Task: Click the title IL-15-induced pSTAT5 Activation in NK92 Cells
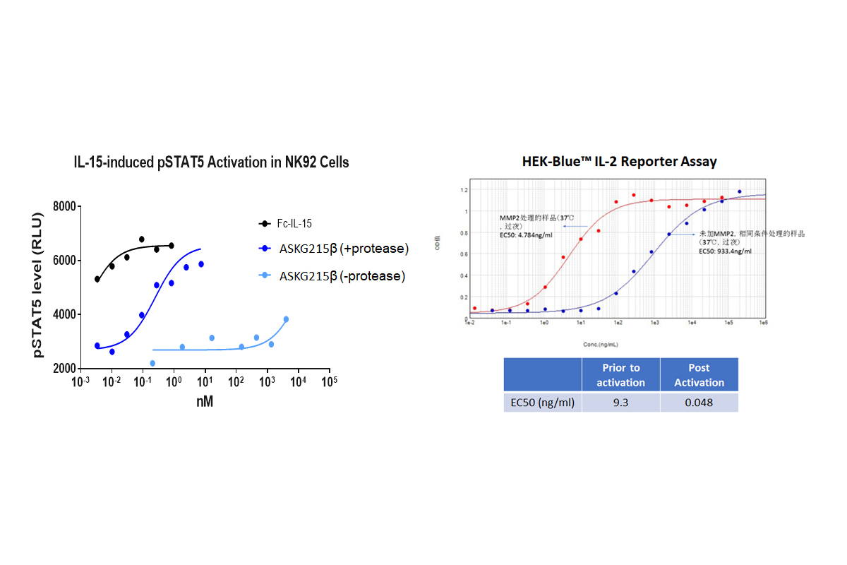212,162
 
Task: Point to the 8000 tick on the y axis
64,206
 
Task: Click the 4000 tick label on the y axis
64,314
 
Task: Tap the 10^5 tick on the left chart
328,382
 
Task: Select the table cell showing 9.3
620,403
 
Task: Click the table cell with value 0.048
699,403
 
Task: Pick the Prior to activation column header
620,375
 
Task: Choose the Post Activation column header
699,375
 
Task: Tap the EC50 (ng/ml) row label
541,403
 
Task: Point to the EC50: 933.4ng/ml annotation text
725,251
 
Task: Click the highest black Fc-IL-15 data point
142,239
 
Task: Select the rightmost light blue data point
286,319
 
